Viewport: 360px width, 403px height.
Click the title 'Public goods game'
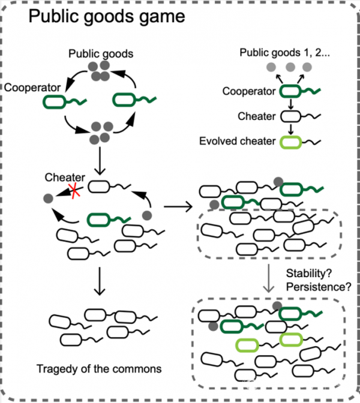pyautogui.click(x=107, y=17)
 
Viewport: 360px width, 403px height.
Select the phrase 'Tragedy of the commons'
pyautogui.click(x=99, y=369)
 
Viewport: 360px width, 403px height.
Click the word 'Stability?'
pyautogui.click(x=309, y=273)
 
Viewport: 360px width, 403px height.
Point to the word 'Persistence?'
pyautogui.click(x=319, y=287)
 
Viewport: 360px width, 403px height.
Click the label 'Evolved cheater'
pyautogui.click(x=238, y=141)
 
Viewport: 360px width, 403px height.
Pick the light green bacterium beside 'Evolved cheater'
pyautogui.click(x=290, y=142)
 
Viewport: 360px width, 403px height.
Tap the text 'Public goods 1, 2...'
pyautogui.click(x=284, y=53)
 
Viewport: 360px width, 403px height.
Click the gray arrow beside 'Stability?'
pyautogui.click(x=268, y=278)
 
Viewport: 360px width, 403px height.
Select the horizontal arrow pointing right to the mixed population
pyautogui.click(x=178, y=206)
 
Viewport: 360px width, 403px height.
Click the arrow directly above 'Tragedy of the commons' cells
pyautogui.click(x=100, y=281)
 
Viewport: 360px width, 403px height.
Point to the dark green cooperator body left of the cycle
pyautogui.click(x=54, y=102)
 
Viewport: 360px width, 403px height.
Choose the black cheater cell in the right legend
pyautogui.click(x=290, y=116)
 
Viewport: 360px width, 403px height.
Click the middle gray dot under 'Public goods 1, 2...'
pyautogui.click(x=290, y=67)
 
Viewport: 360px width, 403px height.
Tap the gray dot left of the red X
pyautogui.click(x=48, y=198)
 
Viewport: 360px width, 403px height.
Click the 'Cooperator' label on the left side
pyautogui.click(x=32, y=88)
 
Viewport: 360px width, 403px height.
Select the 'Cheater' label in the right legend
pyautogui.click(x=257, y=116)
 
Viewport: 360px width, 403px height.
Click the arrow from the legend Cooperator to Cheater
pyautogui.click(x=290, y=104)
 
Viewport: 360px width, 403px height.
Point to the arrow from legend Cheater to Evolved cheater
pyautogui.click(x=290, y=130)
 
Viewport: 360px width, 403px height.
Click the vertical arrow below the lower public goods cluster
pyautogui.click(x=100, y=161)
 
